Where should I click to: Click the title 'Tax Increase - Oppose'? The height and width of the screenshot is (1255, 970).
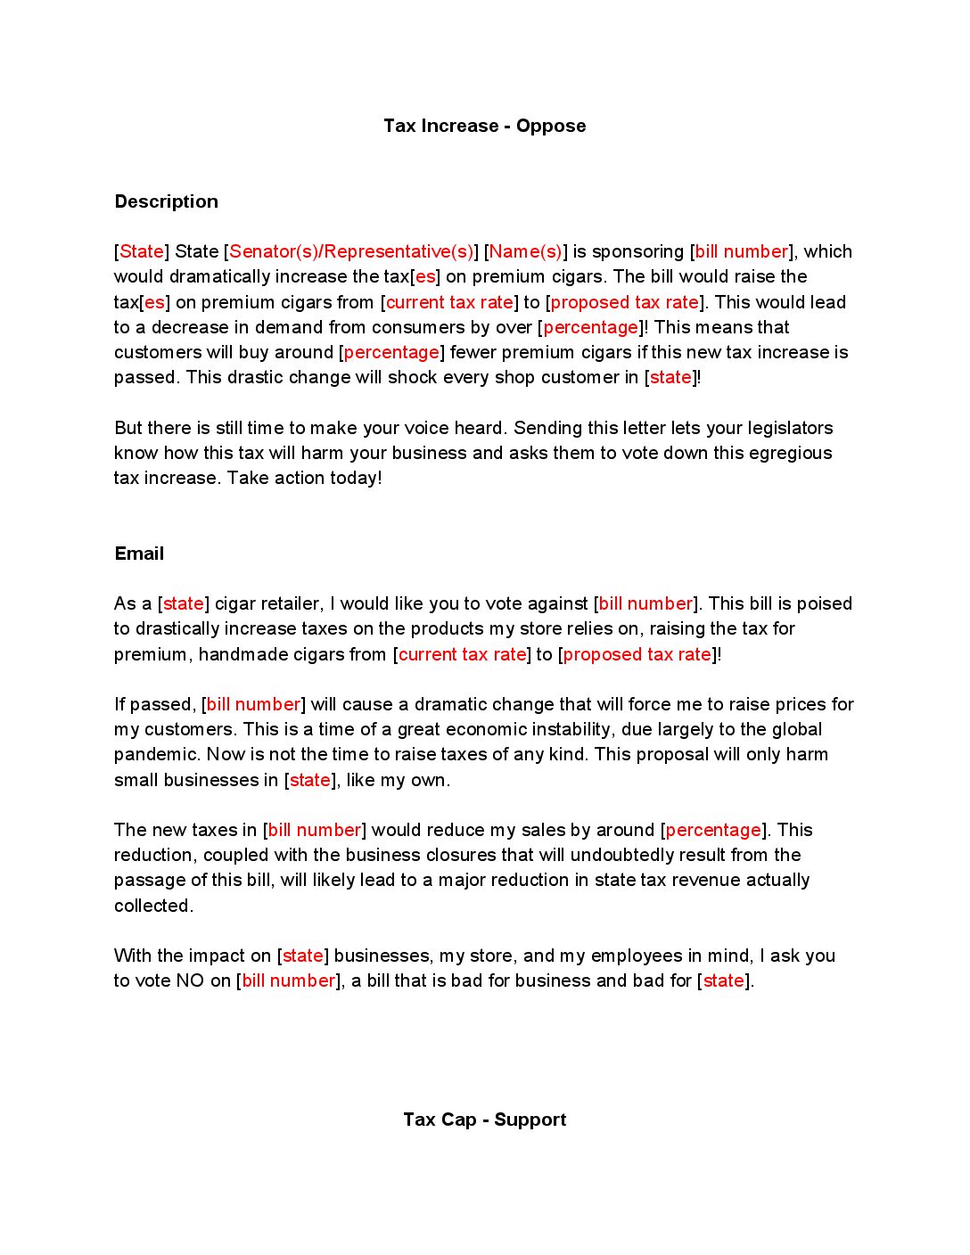484,126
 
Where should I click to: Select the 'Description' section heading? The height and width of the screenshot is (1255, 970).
166,201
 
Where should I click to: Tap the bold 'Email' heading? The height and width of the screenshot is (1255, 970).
139,554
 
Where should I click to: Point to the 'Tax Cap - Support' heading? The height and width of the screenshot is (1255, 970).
484,1120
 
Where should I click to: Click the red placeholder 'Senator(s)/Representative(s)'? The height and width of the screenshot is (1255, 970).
351,251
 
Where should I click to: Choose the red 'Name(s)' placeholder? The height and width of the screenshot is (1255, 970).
525,251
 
